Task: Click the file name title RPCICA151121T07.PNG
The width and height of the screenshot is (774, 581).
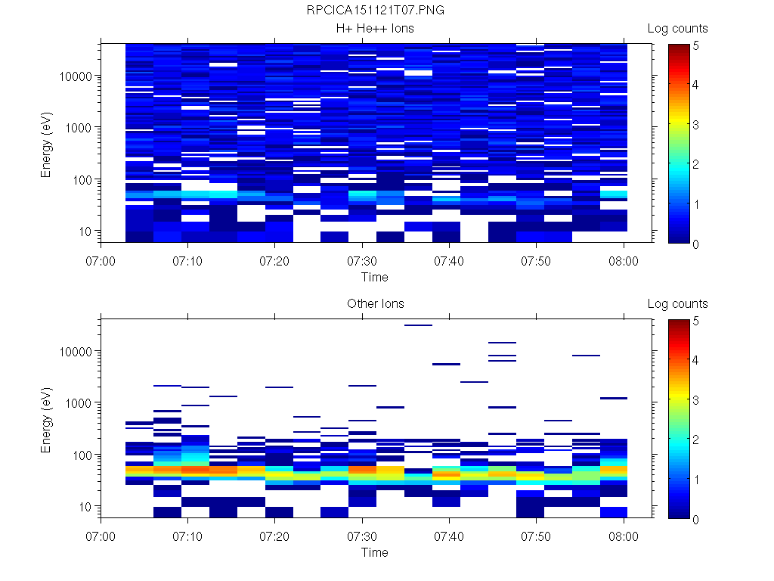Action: [x=375, y=11]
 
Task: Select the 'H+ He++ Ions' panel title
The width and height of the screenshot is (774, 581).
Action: [x=375, y=29]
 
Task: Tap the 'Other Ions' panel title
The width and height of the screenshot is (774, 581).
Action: [x=375, y=304]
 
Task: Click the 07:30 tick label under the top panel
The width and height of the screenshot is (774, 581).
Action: [x=363, y=261]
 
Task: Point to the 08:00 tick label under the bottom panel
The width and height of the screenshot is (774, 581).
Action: [x=624, y=536]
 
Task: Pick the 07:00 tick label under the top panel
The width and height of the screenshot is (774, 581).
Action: [x=101, y=261]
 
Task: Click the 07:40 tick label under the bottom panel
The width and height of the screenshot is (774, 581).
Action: [x=450, y=536]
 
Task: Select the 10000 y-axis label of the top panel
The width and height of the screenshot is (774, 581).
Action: [x=76, y=76]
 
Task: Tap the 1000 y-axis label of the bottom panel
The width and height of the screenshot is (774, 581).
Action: [x=79, y=403]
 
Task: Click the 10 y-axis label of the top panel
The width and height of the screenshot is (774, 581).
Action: [x=85, y=231]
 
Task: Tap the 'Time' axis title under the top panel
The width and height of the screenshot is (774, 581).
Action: [x=374, y=277]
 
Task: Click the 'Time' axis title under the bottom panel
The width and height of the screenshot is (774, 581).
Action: [x=374, y=552]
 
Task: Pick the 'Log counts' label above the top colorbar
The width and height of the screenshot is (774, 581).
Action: [x=677, y=29]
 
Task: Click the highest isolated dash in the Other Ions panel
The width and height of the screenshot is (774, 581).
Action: [x=418, y=325]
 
